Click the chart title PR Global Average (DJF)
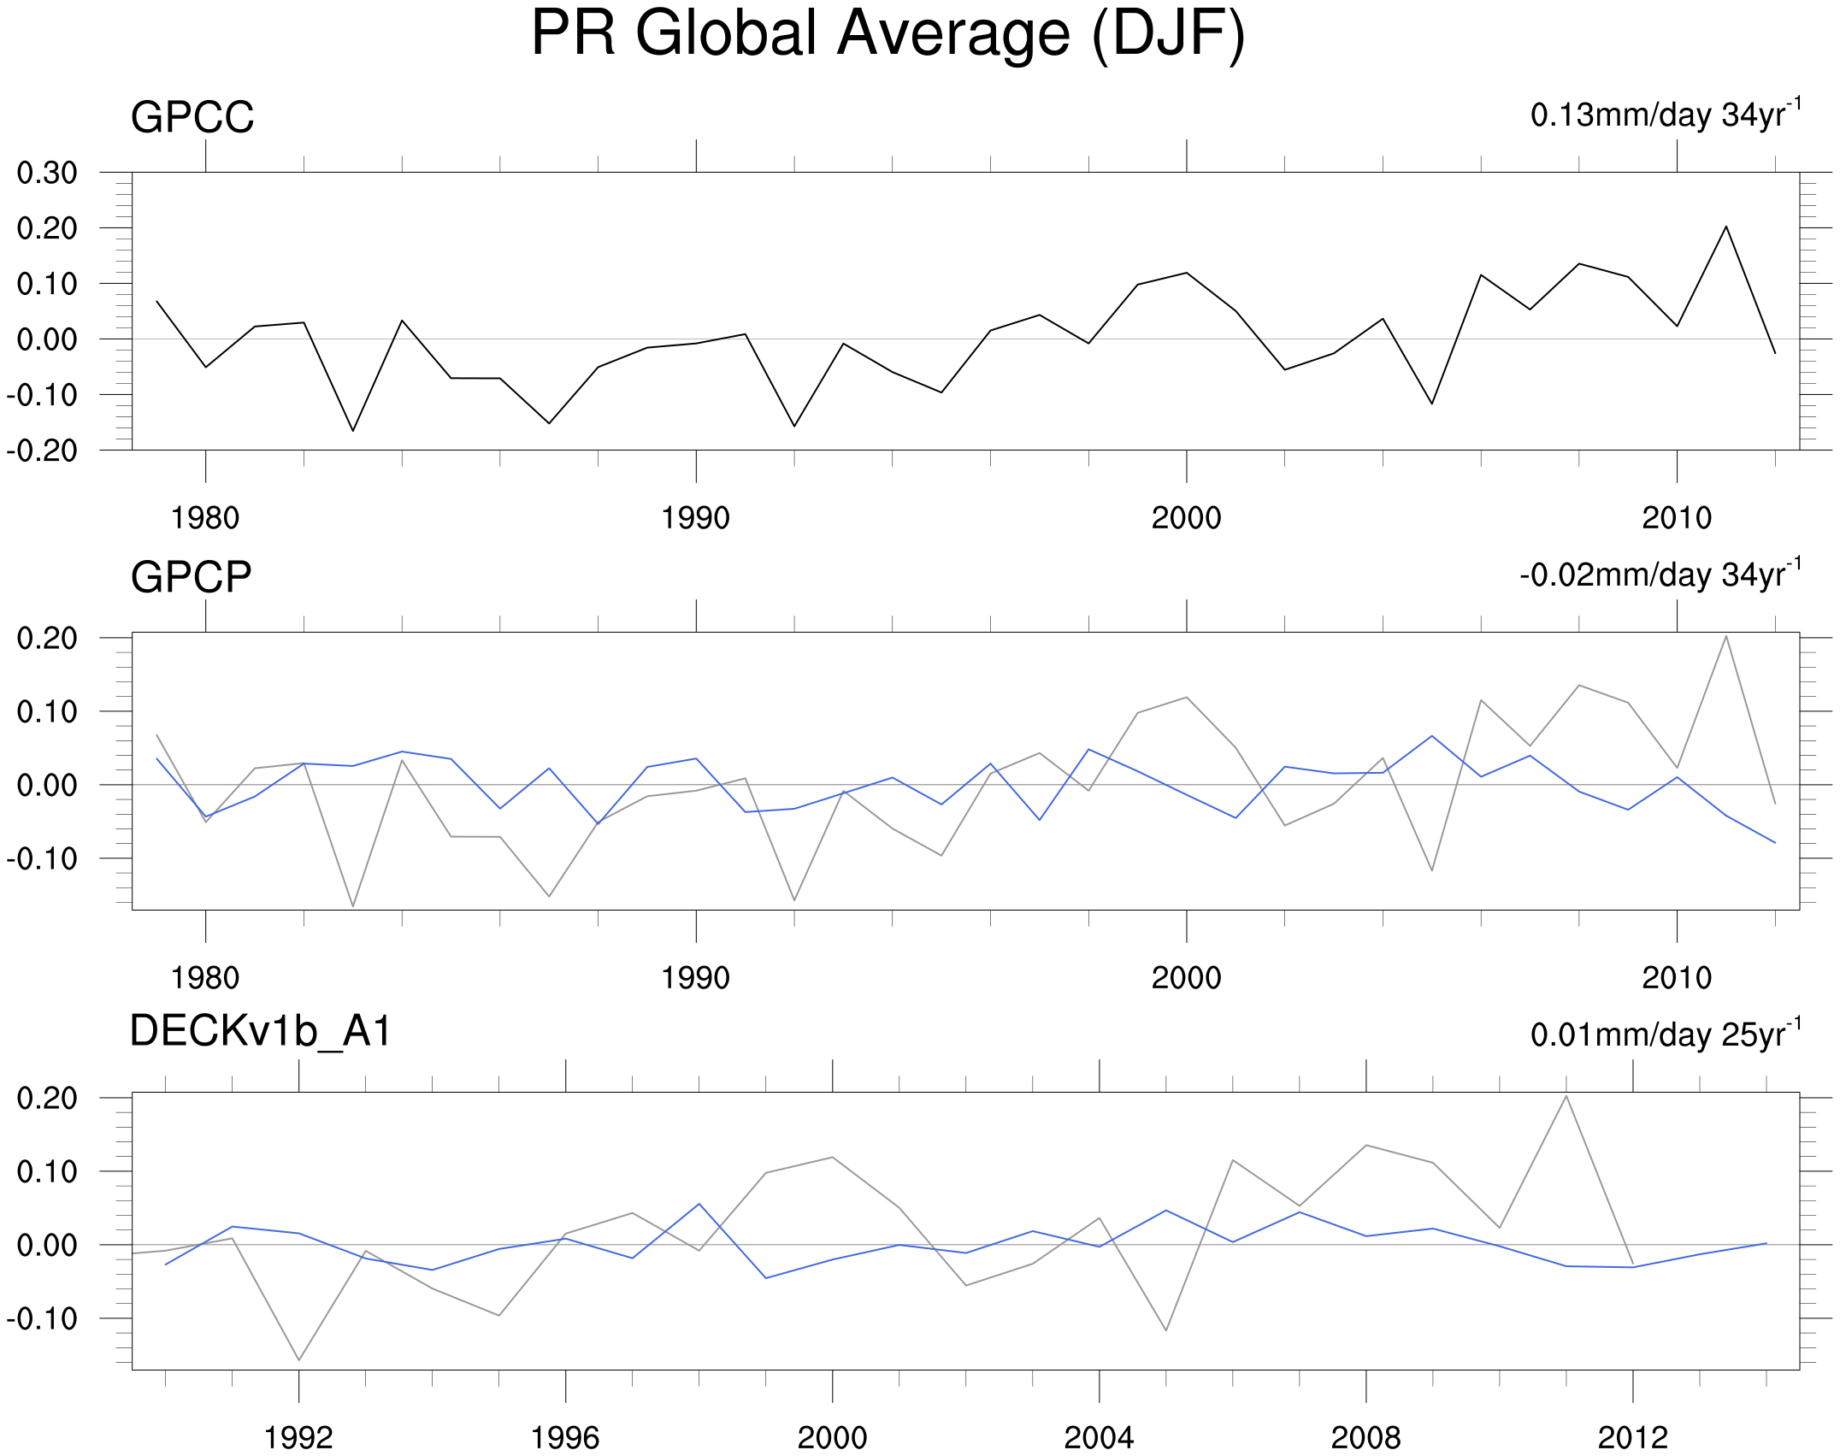tap(888, 34)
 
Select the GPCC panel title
tap(192, 117)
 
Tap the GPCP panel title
tap(191, 577)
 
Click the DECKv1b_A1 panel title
tap(260, 1031)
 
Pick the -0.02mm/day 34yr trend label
tap(1660, 575)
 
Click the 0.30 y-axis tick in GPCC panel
tap(47, 173)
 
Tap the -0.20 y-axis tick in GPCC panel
tap(43, 451)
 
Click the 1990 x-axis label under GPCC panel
tap(695, 518)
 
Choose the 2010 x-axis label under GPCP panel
tap(1677, 978)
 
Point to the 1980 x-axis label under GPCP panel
tap(205, 978)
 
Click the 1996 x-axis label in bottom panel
tap(565, 1438)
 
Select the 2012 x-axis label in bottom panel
tap(1632, 1438)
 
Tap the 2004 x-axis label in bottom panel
tap(1099, 1438)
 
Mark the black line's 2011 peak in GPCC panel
tap(1726, 227)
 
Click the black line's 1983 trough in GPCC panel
tap(353, 431)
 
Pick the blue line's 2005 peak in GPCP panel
tap(1432, 736)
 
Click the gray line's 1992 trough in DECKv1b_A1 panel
tap(299, 1360)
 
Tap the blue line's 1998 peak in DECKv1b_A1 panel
tap(699, 1204)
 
